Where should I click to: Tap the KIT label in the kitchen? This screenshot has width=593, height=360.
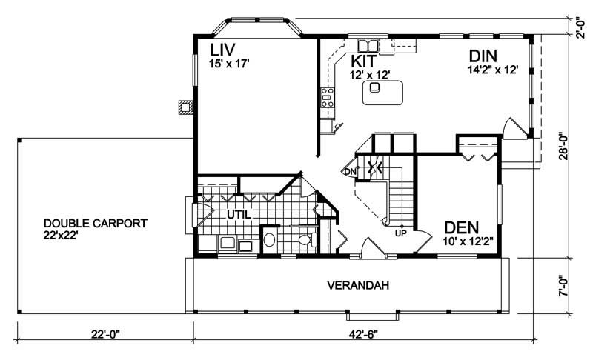[x=365, y=61]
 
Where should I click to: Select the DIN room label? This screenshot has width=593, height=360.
[x=483, y=56]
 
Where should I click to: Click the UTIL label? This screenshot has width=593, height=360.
[x=238, y=214]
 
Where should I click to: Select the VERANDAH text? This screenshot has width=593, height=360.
[x=358, y=285]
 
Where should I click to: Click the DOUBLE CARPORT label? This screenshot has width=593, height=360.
[x=95, y=223]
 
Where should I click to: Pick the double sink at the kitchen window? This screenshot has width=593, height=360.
[x=368, y=44]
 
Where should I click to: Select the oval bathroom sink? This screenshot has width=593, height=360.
[x=270, y=240]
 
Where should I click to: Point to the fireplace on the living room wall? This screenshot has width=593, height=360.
[x=185, y=107]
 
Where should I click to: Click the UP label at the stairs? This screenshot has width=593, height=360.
[x=401, y=233]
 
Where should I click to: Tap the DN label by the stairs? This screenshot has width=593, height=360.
[x=350, y=173]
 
